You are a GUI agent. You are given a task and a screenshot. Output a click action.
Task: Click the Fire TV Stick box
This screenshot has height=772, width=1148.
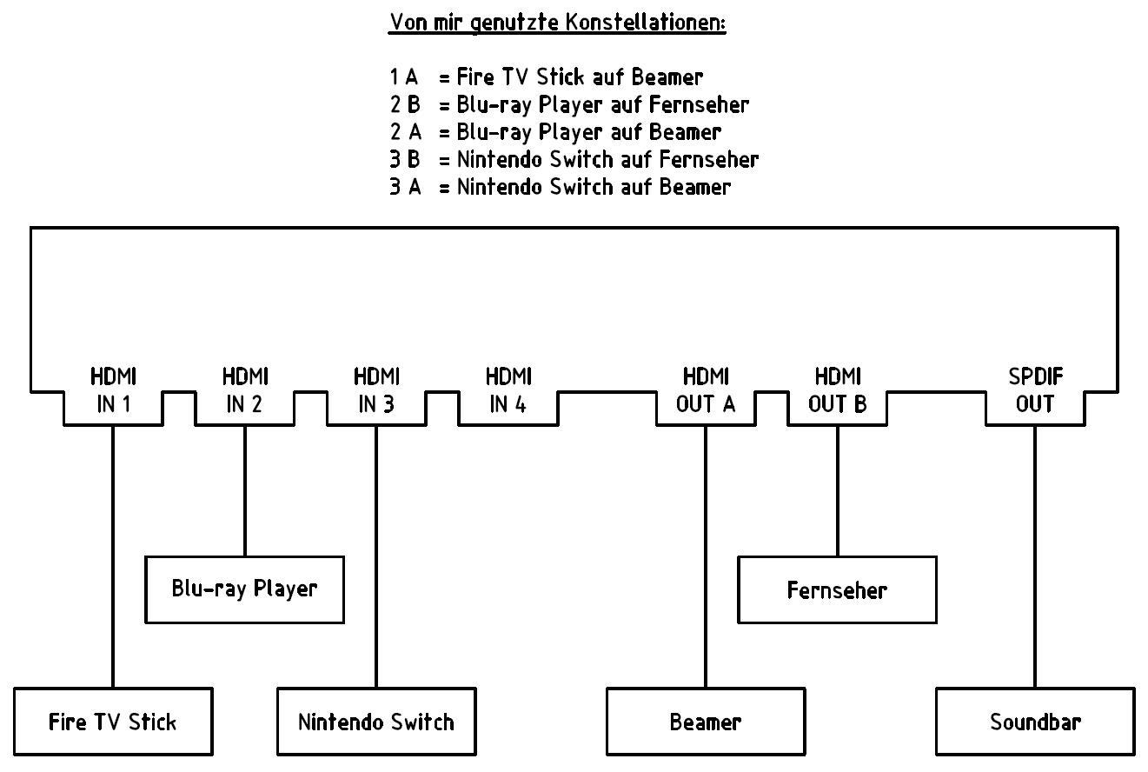(113, 722)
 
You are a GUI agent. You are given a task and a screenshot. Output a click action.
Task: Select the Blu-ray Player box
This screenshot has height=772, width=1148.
(244, 589)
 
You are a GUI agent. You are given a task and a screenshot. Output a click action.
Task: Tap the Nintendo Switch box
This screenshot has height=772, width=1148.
(375, 722)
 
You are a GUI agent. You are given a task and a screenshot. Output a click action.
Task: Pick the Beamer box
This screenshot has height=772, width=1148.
(705, 722)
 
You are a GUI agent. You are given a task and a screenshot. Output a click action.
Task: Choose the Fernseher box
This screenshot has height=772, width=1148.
(837, 590)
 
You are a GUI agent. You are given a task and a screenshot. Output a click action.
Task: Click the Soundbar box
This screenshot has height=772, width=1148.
(1034, 722)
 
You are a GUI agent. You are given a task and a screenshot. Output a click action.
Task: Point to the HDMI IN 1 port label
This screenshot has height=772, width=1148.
(113, 390)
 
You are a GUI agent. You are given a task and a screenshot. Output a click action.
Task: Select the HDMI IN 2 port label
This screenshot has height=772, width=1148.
(244, 390)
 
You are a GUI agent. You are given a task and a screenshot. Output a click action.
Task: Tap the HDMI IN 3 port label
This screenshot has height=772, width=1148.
(375, 390)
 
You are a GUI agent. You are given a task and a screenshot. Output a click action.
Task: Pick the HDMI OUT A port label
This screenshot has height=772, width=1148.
(705, 390)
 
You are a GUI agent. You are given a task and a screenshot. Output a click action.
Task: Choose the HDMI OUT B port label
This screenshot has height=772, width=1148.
(837, 390)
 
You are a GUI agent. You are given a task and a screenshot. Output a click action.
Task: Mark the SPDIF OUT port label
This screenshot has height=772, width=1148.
(1034, 390)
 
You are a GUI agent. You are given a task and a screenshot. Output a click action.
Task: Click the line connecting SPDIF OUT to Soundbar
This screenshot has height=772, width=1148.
(1034, 556)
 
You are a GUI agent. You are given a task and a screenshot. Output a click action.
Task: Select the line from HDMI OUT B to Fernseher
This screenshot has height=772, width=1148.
(837, 491)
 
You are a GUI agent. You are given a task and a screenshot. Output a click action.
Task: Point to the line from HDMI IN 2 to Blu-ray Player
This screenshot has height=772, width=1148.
(244, 491)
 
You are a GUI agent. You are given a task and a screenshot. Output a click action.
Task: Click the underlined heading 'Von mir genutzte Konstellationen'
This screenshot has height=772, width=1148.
(556, 23)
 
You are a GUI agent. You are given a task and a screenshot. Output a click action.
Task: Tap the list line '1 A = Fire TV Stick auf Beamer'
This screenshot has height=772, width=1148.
(546, 77)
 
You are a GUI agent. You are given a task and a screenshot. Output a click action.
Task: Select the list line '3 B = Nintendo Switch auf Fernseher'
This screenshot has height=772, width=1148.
(574, 159)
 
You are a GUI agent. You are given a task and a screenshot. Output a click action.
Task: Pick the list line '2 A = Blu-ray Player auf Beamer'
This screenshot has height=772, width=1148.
(554, 132)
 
